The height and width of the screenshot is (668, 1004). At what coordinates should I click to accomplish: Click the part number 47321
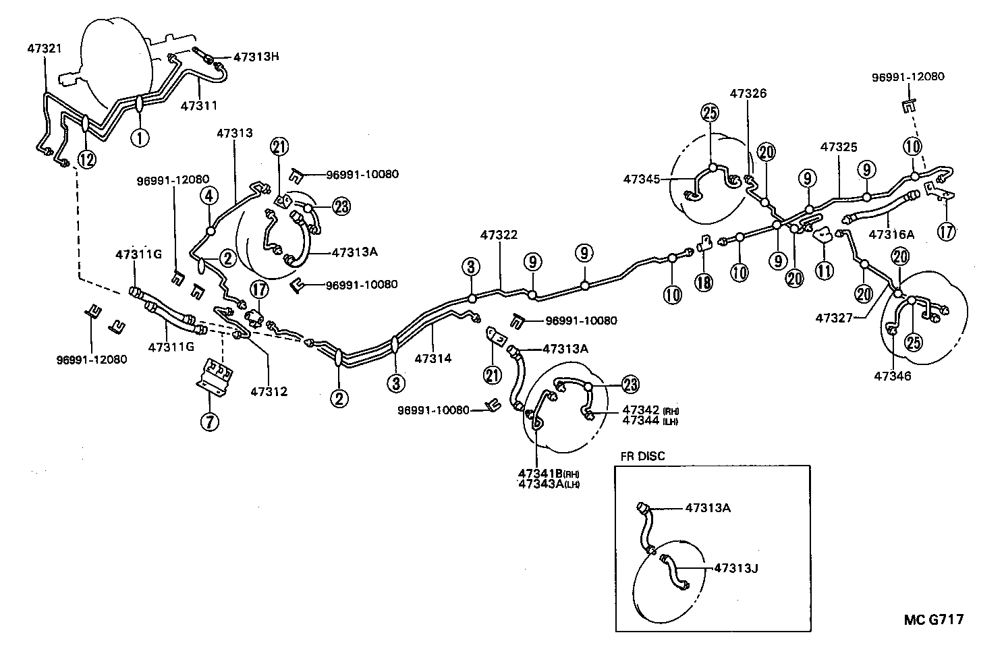44,49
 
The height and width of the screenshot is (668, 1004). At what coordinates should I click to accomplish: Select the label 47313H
256,57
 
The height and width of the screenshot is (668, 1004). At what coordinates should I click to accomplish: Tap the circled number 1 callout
139,138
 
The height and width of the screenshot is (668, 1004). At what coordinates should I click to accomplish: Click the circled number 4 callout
210,196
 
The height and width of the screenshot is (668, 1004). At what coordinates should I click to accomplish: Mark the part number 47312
269,391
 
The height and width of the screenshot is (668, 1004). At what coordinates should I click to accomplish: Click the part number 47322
499,235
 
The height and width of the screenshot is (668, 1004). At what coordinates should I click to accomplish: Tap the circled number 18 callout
704,281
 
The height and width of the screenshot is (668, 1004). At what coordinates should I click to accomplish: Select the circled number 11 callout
824,271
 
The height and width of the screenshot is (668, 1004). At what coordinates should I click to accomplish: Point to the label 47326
748,93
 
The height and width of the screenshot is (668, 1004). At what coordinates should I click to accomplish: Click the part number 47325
839,146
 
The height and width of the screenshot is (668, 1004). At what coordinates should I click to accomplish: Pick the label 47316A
891,234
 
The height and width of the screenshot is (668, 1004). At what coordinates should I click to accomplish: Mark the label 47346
893,375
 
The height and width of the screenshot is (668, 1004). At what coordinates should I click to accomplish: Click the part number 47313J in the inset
736,568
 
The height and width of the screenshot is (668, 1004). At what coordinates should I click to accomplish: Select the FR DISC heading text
642,456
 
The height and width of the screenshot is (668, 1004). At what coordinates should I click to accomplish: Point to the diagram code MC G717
934,619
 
